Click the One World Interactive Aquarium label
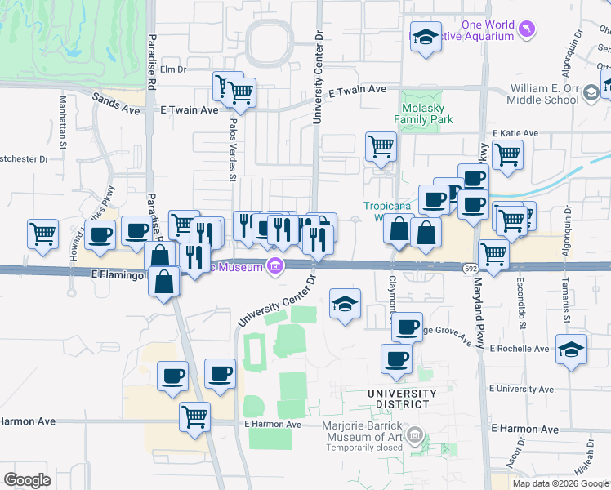pos(488,30)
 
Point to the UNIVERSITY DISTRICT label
pos(401,399)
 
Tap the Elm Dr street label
pos(173,70)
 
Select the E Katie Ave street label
pos(515,133)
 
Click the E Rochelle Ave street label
pos(518,349)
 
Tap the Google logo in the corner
pos(27,480)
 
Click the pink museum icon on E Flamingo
pos(275,266)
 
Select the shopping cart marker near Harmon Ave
pos(194,416)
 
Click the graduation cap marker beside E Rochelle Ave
pos(571,349)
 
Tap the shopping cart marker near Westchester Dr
pos(42,233)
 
